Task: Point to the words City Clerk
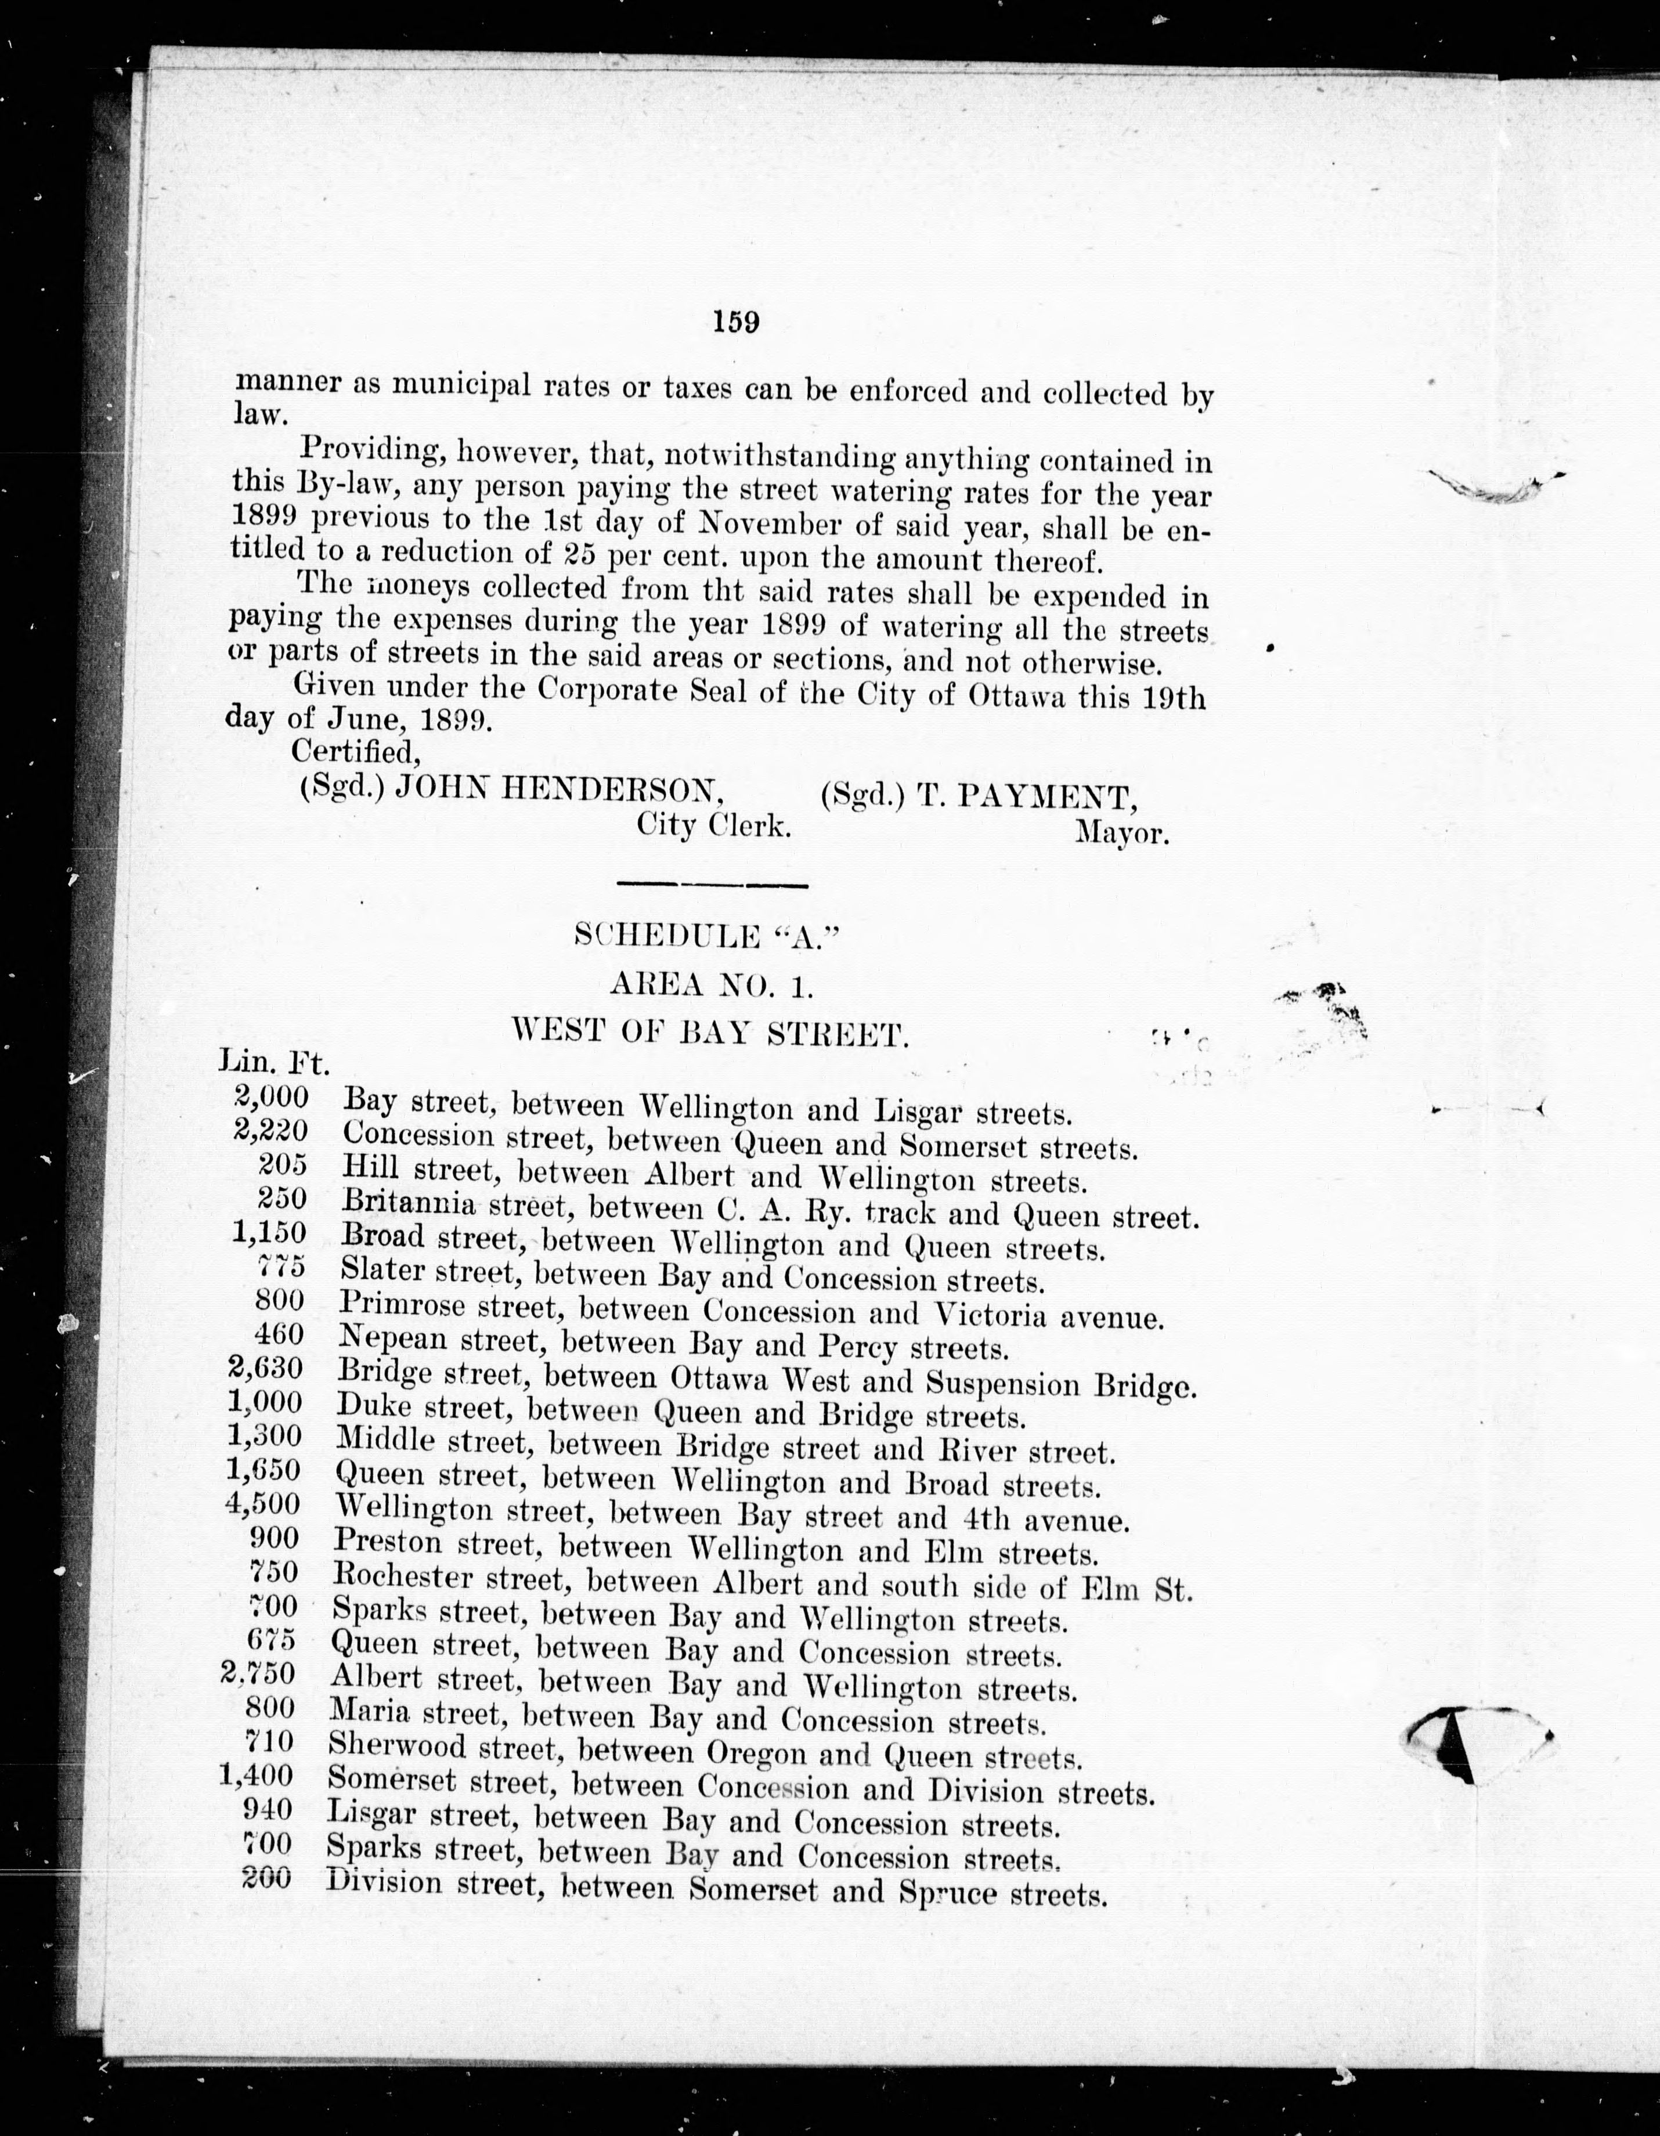[x=713, y=825]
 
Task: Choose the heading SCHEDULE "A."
[x=707, y=936]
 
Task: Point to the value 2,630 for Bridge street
[x=264, y=1368]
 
